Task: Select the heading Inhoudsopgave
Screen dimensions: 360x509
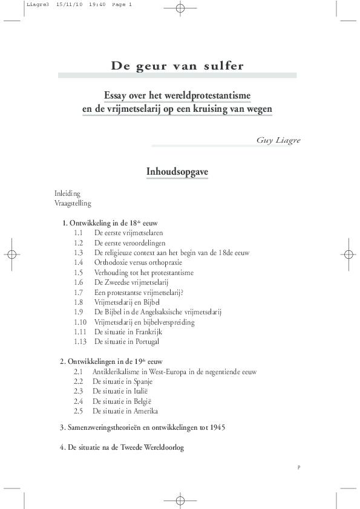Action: [177, 172]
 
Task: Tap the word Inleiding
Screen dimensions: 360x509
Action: [67, 193]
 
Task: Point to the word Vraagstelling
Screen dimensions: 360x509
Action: [73, 203]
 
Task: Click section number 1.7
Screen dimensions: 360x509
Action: [78, 292]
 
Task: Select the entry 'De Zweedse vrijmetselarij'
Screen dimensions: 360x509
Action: [131, 282]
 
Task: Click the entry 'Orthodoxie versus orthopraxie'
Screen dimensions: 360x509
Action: [138, 262]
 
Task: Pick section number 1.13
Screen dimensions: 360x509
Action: [80, 342]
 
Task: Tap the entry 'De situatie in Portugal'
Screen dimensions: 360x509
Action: [126, 342]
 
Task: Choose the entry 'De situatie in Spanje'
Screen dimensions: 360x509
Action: [122, 381]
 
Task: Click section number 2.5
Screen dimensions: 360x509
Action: [78, 411]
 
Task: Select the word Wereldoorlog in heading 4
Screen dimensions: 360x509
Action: [163, 448]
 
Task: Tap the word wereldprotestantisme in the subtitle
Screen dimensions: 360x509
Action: [205, 96]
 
